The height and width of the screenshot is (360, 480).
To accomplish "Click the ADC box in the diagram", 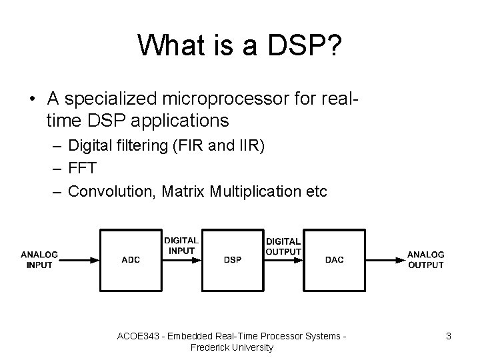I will tap(131, 259).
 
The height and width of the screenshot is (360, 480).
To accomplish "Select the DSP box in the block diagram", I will tap(233, 259).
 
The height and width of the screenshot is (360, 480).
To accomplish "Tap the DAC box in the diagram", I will tap(334, 259).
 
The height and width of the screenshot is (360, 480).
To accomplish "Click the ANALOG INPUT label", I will tap(39, 259).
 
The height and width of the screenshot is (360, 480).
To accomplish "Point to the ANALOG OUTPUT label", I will tap(425, 259).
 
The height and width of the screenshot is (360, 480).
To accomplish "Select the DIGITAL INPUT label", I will tap(181, 245).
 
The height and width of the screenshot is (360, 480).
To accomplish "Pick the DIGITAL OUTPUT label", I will tap(283, 246).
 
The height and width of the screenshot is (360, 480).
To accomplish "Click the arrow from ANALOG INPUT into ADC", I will tap(79, 260).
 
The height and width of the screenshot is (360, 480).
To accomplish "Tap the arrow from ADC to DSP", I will tap(181, 260).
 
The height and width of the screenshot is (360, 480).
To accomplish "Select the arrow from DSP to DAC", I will tap(283, 260).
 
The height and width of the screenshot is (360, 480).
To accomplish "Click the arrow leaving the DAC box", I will tap(385, 260).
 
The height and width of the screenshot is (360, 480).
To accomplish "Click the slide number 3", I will tap(449, 337).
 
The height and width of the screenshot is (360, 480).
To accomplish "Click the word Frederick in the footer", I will tap(210, 347).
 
